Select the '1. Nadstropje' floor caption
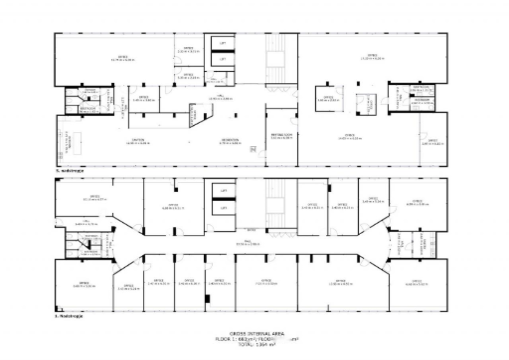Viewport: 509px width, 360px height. point(68,317)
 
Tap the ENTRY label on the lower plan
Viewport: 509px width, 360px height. point(252,230)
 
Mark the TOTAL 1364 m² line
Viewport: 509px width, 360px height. point(257,345)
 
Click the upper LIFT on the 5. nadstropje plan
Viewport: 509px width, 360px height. point(223,43)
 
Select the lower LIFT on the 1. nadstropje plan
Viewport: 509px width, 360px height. point(223,208)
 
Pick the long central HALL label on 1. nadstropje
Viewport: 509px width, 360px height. point(247,244)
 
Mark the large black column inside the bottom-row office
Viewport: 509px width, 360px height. point(207,298)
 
